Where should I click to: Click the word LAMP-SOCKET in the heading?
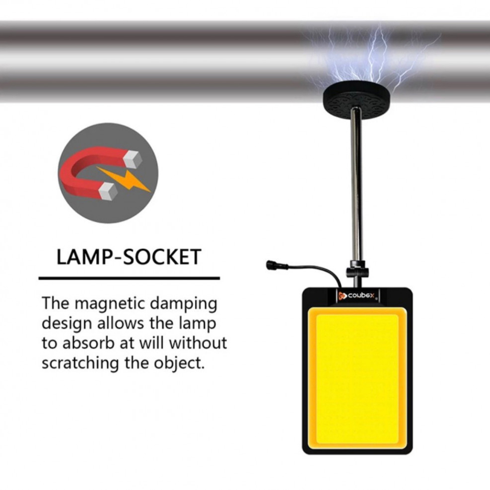click(129, 257)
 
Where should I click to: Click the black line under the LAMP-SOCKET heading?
click(129, 278)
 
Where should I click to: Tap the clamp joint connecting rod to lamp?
click(357, 272)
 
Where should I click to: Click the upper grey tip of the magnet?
click(133, 159)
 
